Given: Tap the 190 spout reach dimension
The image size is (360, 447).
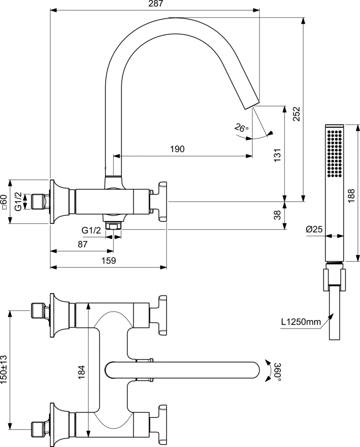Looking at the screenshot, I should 177,149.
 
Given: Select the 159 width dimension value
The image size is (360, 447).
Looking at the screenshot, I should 109,261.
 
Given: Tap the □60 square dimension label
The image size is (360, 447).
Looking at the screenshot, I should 4,202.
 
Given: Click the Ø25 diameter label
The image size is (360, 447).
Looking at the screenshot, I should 314,229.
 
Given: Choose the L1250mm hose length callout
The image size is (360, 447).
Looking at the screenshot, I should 301,323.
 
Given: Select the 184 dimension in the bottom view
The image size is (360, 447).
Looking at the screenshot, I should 82,371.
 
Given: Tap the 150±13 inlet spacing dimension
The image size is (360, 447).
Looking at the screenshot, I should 4,369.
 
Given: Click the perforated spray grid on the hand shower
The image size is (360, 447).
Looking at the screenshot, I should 334,154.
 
